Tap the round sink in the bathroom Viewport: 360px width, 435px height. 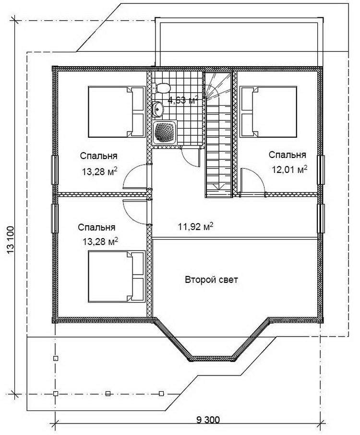tap(158, 109)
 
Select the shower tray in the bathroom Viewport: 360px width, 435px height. tap(165, 133)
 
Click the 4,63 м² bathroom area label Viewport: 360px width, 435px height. tap(183, 99)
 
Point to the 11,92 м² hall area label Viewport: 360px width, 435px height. tap(195, 227)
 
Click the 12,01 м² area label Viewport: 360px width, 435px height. tap(289, 169)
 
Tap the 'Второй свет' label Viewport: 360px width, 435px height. tap(211, 279)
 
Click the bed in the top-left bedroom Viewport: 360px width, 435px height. tap(117, 112)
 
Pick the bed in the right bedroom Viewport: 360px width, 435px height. tap(268, 112)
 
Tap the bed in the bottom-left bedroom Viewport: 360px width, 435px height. tap(117, 276)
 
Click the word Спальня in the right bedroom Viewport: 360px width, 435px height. tap(288, 155)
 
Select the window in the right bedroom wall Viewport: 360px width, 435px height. tap(321, 170)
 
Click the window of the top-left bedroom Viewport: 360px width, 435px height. tap(55, 170)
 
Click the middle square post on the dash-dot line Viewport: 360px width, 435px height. tap(108, 393)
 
